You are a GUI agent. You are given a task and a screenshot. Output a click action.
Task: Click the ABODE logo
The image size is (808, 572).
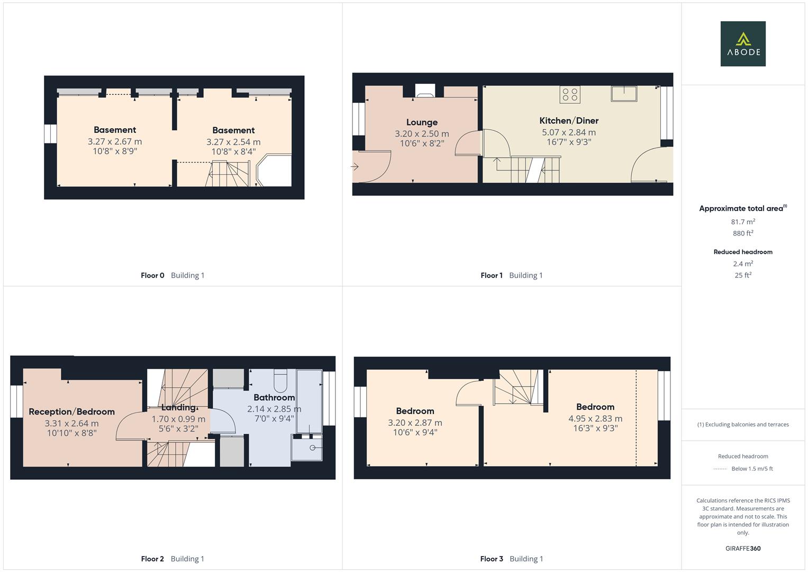[743, 43]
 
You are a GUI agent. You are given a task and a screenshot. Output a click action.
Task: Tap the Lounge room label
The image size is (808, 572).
[422, 122]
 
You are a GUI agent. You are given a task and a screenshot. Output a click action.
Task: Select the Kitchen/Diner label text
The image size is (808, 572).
[569, 121]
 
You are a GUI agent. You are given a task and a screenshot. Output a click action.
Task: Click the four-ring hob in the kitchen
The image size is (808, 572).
[570, 95]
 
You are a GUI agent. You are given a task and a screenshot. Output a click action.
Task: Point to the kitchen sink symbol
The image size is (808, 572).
[624, 94]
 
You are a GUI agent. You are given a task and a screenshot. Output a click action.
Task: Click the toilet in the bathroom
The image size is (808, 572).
[280, 381]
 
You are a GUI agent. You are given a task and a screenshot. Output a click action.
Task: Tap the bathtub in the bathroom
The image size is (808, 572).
[309, 401]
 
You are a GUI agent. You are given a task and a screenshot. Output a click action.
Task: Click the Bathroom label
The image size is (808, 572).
[274, 398]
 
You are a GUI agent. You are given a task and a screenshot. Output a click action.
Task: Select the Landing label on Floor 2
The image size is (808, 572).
[178, 408]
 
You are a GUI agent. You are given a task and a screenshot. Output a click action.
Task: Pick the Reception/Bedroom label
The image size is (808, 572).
[72, 412]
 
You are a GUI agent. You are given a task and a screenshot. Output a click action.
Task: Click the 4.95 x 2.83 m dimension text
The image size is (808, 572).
[595, 418]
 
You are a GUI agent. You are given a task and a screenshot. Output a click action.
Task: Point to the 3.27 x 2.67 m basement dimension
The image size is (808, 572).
[115, 141]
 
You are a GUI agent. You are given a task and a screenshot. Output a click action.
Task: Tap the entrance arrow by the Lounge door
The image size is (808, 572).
[355, 166]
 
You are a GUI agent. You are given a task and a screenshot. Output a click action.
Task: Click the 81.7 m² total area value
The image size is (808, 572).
[743, 222]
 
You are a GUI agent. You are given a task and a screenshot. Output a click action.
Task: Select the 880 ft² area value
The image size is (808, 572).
[743, 233]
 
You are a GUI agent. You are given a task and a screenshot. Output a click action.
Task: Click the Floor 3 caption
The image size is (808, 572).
[491, 559]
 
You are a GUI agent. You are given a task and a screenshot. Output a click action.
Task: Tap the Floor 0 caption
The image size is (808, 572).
[152, 275]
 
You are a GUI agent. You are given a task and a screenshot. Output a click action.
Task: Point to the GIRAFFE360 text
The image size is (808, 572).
[743, 548]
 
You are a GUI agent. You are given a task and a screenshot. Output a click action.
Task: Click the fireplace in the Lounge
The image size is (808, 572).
[425, 91]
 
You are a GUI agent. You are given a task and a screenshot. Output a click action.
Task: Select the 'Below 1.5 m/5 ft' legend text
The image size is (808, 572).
[752, 469]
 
